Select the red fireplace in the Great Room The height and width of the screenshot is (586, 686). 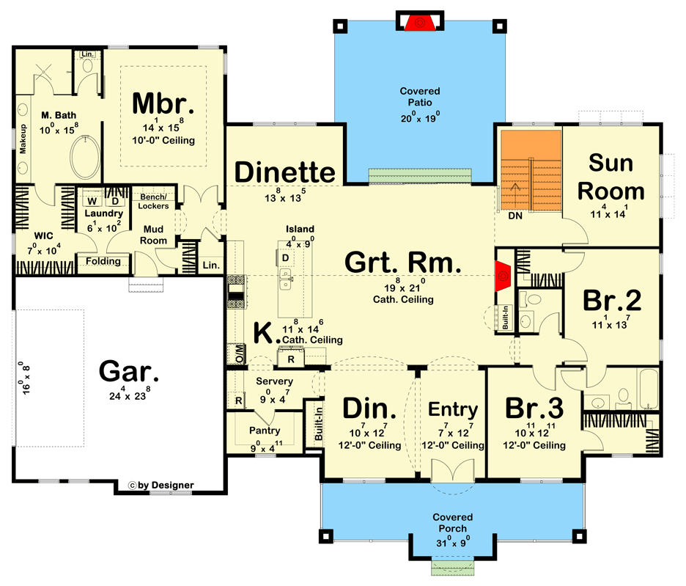pos(504,275)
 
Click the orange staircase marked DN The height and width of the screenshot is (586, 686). pos(530,171)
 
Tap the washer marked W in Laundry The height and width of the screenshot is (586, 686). pos(93,200)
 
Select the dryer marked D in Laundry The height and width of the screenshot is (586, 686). pos(114,200)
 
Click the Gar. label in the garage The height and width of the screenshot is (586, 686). pos(129,372)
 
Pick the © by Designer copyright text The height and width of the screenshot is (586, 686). pos(161,485)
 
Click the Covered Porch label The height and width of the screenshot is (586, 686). pos(451,522)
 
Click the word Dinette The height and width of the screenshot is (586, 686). pos(285,172)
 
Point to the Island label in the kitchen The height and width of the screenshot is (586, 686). pos(300,229)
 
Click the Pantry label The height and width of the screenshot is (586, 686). pos(265,431)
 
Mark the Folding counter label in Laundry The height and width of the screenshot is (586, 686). pos(103,261)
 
